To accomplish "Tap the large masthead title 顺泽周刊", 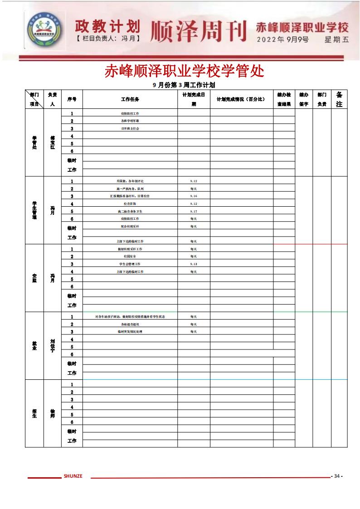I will (x=198, y=30).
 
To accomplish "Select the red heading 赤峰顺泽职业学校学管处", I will (x=184, y=71).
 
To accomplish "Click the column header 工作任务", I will (x=130, y=99).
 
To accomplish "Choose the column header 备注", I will (x=339, y=99).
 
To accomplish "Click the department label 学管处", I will (x=34, y=143).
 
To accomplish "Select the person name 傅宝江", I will (x=53, y=143).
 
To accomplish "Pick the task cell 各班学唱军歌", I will (x=130, y=121).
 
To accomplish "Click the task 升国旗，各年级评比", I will (x=130, y=181).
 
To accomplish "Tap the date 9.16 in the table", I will (x=194, y=196).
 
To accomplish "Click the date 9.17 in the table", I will (x=194, y=211).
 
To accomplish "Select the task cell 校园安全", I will (x=130, y=256).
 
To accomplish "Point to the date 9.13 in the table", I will (x=194, y=264).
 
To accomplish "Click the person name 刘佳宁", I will (x=53, y=345).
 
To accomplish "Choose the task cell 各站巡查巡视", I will (x=130, y=324).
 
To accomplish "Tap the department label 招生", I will (x=34, y=413).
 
